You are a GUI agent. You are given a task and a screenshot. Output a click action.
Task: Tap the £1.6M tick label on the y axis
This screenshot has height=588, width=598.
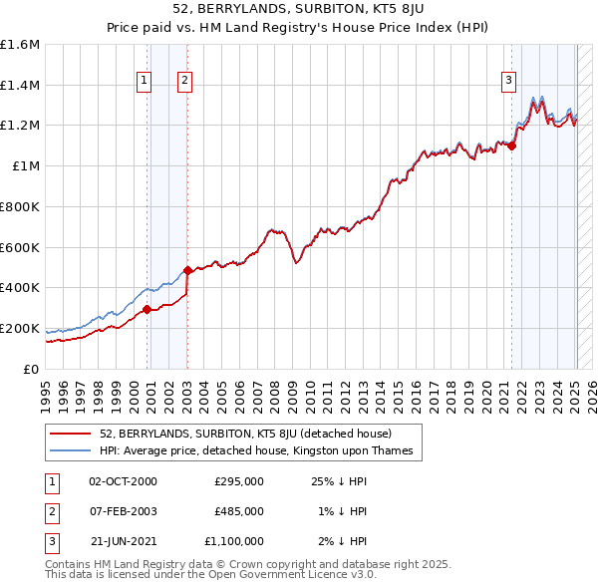[20, 45]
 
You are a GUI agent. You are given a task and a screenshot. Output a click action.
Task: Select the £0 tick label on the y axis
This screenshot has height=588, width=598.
[31, 369]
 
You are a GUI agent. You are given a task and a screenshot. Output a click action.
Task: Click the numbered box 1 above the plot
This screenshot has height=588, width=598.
[145, 82]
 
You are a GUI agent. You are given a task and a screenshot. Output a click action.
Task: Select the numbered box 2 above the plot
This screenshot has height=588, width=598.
[185, 82]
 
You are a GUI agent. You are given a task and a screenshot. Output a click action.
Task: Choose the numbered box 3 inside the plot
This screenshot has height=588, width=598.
[508, 82]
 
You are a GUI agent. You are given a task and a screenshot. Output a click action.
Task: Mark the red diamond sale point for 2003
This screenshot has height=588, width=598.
[187, 270]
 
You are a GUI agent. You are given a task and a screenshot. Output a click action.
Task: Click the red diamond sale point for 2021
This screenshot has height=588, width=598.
[511, 146]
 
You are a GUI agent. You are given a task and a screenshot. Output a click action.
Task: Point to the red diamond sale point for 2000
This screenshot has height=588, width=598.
[147, 309]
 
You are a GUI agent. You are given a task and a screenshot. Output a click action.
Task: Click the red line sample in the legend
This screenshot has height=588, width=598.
[71, 434]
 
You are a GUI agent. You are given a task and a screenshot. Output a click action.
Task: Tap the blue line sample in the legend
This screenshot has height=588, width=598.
[71, 451]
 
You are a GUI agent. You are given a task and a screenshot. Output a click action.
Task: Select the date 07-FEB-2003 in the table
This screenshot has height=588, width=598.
[124, 511]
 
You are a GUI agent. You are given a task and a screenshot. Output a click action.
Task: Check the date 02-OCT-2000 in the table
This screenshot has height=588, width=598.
[124, 481]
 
